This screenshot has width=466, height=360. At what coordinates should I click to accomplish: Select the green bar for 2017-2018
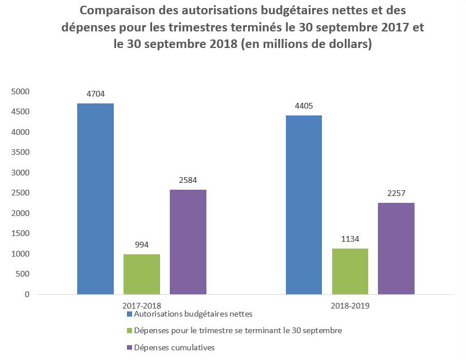[142, 274]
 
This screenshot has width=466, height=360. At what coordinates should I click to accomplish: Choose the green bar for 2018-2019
[350, 271]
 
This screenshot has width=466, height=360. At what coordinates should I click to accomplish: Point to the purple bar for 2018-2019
[396, 249]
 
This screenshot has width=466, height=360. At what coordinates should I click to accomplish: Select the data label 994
[142, 245]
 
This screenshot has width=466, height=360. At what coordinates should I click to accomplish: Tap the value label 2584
[188, 181]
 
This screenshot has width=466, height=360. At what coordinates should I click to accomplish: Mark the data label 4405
[304, 106]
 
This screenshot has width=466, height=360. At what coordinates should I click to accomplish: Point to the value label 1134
[350, 239]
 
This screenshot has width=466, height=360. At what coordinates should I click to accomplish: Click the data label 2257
[396, 193]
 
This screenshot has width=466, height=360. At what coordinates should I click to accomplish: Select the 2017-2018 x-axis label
[142, 306]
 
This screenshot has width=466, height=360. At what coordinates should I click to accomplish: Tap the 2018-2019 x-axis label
[350, 306]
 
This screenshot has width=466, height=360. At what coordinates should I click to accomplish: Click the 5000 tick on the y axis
[20, 91]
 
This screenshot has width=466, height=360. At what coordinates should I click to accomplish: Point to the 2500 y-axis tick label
[20, 193]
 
